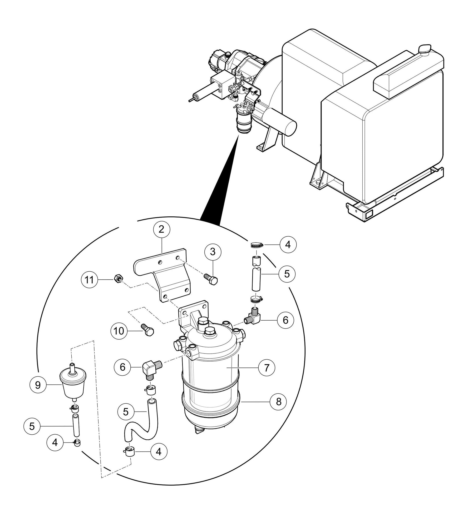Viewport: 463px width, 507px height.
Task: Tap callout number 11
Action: tap(89, 280)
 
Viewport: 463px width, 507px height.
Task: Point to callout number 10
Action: tap(119, 331)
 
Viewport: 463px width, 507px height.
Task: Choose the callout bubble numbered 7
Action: tap(267, 368)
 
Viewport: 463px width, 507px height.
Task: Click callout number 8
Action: tap(279, 402)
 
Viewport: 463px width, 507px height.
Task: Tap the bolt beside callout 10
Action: tap(148, 330)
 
